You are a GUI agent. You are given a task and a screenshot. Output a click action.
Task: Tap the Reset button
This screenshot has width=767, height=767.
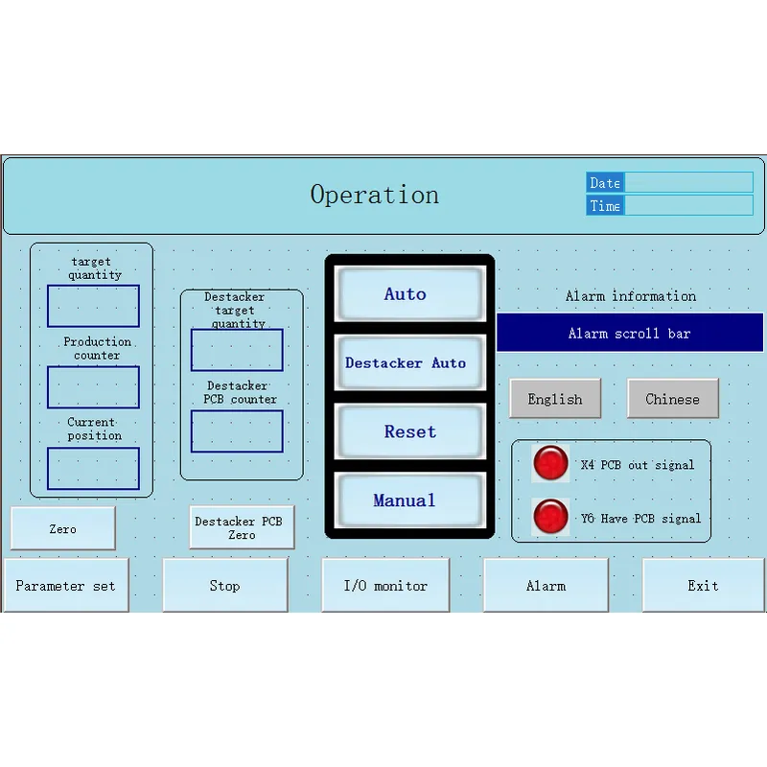(408, 432)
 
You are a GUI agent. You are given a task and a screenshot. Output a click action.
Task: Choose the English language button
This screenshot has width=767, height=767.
(555, 399)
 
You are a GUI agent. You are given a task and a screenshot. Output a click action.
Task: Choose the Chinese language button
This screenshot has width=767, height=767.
(672, 399)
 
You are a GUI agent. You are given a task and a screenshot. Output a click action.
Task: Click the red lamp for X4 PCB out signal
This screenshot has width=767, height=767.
(550, 463)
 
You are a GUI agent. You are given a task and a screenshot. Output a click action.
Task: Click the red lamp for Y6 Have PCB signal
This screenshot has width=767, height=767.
(550, 517)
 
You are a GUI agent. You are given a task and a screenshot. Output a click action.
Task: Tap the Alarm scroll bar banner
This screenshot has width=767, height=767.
(629, 334)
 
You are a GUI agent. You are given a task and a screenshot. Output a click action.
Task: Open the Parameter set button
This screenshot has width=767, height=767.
(65, 585)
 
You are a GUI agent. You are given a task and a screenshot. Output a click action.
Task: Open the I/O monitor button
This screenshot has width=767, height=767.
(385, 585)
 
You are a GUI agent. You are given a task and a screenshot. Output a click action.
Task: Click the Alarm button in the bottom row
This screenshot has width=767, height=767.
(546, 585)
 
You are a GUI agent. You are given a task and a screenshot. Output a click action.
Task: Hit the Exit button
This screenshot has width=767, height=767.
(703, 585)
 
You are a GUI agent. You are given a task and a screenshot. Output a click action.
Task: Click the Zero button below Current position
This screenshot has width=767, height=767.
(62, 528)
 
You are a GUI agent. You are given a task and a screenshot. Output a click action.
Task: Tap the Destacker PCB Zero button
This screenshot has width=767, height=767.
(241, 527)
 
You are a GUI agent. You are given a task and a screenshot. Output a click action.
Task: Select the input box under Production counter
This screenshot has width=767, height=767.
(93, 387)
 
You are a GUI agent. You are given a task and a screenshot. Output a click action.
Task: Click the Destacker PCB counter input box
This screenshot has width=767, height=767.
(237, 431)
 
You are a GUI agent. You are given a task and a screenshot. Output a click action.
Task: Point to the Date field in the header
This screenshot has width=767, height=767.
(687, 182)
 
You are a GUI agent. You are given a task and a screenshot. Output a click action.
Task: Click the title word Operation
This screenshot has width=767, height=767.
(375, 195)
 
